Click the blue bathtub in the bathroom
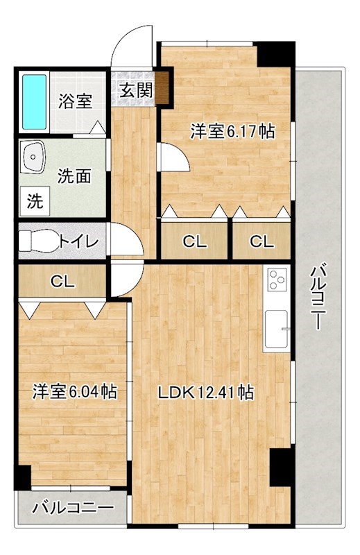pyautogui.click(x=33, y=101)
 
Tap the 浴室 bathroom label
pyautogui.click(x=74, y=102)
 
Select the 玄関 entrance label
pyautogui.click(x=135, y=89)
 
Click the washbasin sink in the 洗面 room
pyautogui.click(x=32, y=157)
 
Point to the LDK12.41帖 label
pyautogui.click(x=205, y=393)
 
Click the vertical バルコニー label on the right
pyautogui.click(x=318, y=298)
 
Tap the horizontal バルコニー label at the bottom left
pyautogui.click(x=73, y=508)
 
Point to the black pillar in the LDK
pyautogui.click(x=280, y=466)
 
